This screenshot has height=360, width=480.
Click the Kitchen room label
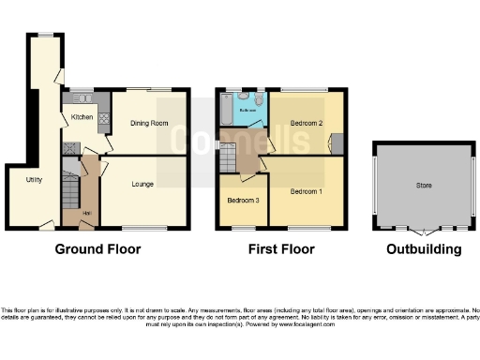(80, 116)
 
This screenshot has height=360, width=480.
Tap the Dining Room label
(149, 123)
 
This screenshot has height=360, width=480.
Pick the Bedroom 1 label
(307, 191)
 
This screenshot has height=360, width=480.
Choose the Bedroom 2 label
(307, 123)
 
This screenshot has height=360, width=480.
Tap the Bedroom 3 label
(243, 201)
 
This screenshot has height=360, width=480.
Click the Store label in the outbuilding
(424, 186)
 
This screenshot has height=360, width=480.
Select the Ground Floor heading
(97, 249)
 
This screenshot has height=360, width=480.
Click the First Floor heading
(280, 249)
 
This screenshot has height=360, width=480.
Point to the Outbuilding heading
(424, 249)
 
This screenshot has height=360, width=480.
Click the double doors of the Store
(424, 229)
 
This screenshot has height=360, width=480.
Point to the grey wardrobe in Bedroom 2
(337, 142)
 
